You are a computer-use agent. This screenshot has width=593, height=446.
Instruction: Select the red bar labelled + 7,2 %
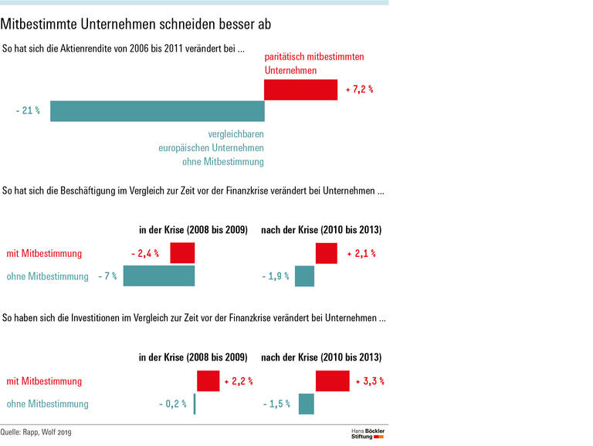[300, 90]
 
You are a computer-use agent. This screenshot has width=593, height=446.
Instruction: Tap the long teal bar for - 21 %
[158, 111]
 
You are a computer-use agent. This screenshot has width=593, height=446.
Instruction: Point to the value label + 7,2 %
[359, 90]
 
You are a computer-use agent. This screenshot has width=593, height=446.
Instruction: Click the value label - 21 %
[28, 111]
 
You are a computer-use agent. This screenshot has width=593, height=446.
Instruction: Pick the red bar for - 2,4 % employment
[182, 253]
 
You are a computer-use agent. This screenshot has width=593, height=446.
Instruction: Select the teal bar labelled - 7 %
[159, 276]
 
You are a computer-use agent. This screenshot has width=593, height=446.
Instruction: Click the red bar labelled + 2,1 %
[327, 253]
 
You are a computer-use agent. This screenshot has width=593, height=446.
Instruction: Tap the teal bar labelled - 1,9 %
[305, 276]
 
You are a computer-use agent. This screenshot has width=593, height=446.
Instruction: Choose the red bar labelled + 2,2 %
[208, 381]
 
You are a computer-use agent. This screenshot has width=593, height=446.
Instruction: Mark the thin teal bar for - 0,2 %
[195, 404]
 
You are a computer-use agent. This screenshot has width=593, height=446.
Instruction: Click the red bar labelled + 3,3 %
[333, 381]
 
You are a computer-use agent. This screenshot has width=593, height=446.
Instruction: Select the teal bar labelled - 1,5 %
[307, 404]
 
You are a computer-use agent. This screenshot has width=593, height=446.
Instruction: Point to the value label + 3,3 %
[370, 381]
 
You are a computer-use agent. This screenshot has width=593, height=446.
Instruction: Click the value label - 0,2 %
[172, 404]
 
